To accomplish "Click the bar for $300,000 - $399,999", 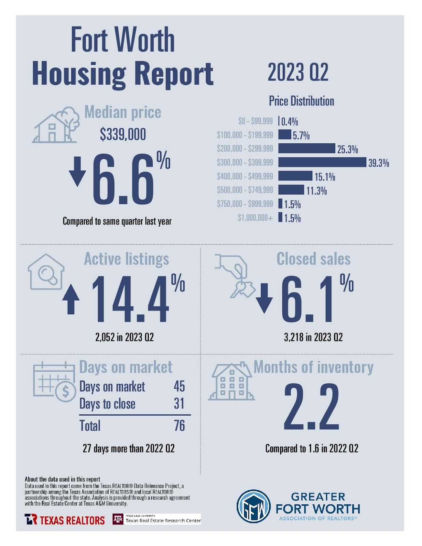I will click(322, 162).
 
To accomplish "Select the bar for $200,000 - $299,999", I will click(306, 148).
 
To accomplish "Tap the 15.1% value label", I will click(324, 177).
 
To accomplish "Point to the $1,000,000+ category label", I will click(255, 218).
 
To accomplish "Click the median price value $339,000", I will click(123, 134).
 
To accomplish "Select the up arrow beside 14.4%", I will click(71, 299).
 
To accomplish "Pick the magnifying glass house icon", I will click(46, 272).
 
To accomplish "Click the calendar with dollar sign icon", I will click(54, 382).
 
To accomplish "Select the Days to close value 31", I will click(179, 404).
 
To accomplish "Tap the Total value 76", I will click(179, 426).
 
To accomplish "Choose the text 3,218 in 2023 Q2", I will click(313, 337).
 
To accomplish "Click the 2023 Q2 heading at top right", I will click(298, 72).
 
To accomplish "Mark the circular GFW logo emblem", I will click(253, 506).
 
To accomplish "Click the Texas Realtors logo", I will click(65, 520).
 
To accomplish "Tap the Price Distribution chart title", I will click(301, 101).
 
